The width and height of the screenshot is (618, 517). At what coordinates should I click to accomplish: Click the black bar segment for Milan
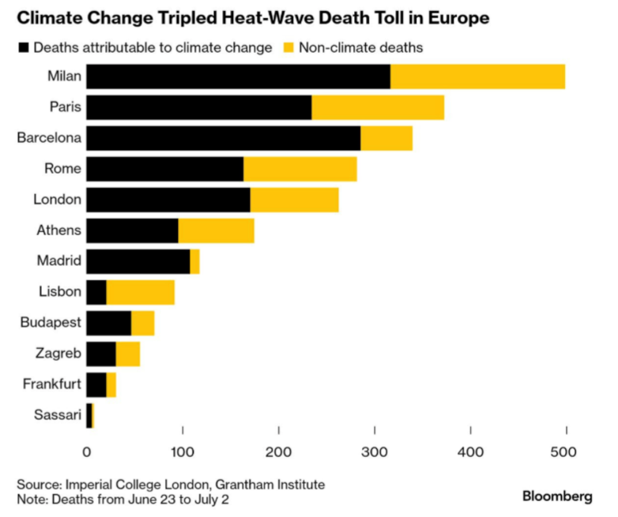239,77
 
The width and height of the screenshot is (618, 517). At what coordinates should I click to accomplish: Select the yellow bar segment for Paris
378,107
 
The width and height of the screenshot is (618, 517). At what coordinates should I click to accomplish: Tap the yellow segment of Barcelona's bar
386,138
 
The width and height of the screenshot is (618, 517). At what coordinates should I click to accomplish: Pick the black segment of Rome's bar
165,169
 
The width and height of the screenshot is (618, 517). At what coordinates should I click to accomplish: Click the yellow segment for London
295,200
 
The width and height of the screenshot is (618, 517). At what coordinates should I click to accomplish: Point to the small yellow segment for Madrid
194,261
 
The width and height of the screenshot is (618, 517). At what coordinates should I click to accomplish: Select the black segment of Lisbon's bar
96,292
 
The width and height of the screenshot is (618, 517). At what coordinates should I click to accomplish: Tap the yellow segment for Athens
217,230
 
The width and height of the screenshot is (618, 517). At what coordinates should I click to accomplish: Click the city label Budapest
51,323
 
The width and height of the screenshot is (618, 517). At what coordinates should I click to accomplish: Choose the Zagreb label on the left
58,353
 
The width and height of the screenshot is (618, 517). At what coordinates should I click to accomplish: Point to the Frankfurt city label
52,384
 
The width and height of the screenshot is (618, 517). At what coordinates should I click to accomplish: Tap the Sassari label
58,414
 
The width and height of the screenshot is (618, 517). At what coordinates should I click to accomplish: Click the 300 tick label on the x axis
375,452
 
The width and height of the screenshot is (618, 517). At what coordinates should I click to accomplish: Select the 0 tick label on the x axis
87,452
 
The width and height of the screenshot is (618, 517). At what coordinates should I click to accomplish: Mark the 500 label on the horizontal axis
563,452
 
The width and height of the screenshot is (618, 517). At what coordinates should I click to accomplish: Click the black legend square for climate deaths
24,47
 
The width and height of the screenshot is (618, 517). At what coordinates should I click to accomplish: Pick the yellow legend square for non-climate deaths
289,47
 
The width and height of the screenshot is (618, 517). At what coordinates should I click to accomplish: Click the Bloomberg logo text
557,496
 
